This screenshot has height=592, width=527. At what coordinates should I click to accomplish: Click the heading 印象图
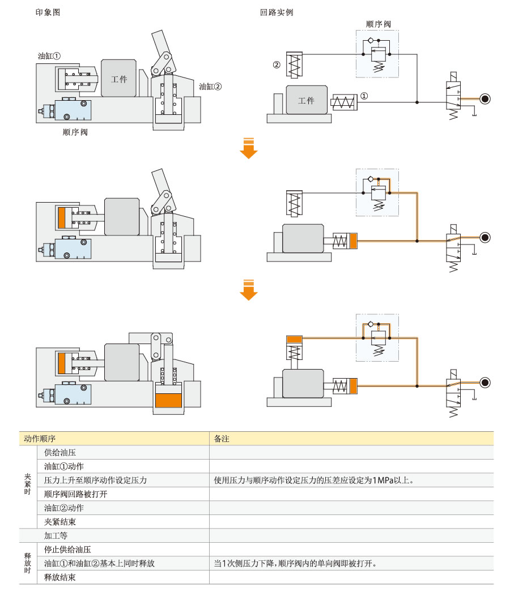48,12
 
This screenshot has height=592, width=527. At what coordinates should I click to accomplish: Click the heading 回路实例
277,12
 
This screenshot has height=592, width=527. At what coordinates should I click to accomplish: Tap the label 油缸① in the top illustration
49,55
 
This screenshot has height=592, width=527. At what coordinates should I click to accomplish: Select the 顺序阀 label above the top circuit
378,24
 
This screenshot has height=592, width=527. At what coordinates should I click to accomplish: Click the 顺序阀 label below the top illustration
75,132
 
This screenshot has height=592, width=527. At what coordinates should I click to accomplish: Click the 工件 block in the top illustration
119,79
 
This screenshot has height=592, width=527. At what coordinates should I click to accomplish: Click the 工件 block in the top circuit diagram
307,100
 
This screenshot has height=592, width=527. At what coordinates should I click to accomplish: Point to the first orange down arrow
249,148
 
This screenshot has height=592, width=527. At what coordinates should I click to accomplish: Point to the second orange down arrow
249,289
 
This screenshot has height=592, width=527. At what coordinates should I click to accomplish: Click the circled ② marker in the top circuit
277,65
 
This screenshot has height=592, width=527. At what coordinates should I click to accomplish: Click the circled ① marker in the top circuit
364,96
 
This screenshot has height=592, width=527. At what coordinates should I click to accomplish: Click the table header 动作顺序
39,439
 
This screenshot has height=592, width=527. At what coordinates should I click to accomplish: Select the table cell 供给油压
60,453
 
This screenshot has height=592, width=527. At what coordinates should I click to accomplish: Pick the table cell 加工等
56,535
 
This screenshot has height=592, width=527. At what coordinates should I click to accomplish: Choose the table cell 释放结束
60,577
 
